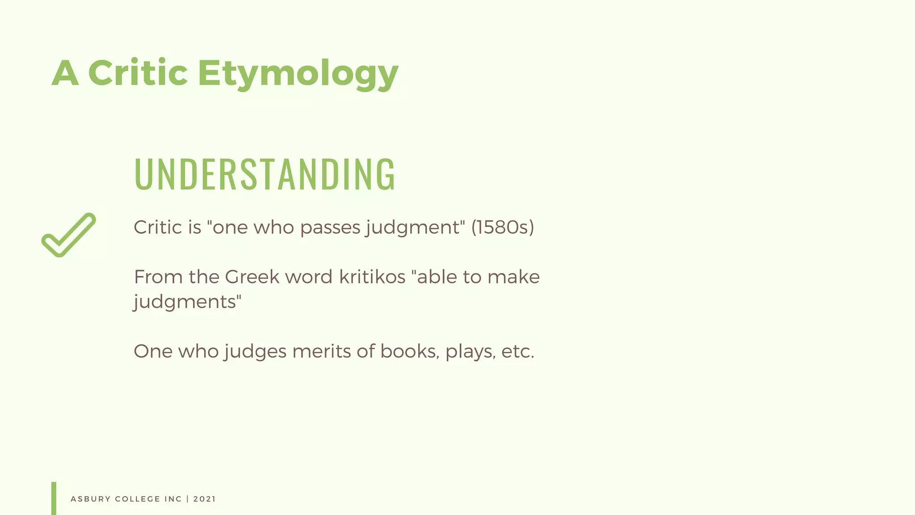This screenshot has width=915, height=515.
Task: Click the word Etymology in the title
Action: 298,74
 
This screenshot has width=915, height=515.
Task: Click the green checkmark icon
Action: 69,235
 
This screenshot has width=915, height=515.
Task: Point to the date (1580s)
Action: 503,227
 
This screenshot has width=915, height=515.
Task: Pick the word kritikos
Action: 372,277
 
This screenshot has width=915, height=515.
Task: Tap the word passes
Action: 330,228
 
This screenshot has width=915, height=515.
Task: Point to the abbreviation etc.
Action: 518,351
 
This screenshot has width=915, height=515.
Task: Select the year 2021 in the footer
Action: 205,499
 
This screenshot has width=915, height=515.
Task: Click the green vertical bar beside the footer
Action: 54,498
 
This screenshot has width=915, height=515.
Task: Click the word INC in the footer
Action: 173,499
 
